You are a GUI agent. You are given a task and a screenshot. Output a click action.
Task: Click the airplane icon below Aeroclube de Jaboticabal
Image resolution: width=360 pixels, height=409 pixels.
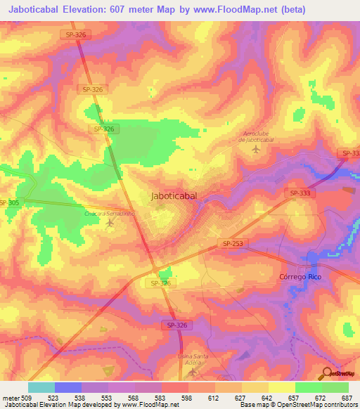pyautogui.click(x=255, y=149)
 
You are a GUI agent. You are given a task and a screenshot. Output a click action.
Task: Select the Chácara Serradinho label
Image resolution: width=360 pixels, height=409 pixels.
pyautogui.click(x=109, y=212)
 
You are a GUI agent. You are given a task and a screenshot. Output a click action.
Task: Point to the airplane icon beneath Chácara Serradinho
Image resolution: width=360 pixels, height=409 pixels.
pyautogui.click(x=109, y=223)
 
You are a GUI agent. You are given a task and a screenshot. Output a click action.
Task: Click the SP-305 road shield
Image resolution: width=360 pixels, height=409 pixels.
pyautogui.click(x=9, y=202)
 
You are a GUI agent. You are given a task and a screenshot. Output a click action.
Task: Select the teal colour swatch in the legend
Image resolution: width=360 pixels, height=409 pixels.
pyautogui.click(x=41, y=387)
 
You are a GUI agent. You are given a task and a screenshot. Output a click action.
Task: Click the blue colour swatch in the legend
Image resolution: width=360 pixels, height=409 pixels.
pyautogui.click(x=68, y=387)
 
